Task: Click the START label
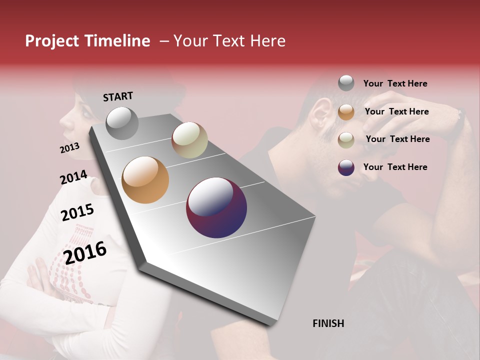click(x=118, y=96)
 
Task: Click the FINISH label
click(x=328, y=323)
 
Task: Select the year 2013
click(x=69, y=148)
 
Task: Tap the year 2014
click(x=73, y=177)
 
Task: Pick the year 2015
click(x=77, y=212)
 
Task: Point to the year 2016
click(x=85, y=252)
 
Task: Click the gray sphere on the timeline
click(x=122, y=123)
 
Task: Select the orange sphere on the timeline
click(x=145, y=180)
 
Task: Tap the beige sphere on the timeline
click(x=189, y=140)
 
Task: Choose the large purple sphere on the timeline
click(x=216, y=207)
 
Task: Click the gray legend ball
click(x=346, y=83)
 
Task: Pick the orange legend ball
click(x=346, y=111)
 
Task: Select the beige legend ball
click(x=346, y=139)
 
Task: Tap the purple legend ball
click(x=346, y=167)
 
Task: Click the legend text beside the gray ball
click(x=395, y=83)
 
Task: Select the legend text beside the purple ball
click(x=395, y=167)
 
